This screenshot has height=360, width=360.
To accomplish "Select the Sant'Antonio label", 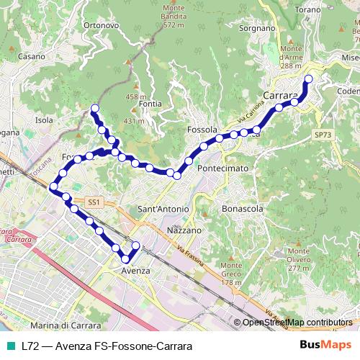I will pyautogui.click(x=163, y=209).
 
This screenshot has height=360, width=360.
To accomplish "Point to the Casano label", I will pyautogui.click(x=32, y=55).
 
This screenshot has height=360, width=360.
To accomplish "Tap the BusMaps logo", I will pyautogui.click(x=325, y=346).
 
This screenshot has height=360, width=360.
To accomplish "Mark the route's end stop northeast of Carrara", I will pyautogui.click(x=309, y=79).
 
